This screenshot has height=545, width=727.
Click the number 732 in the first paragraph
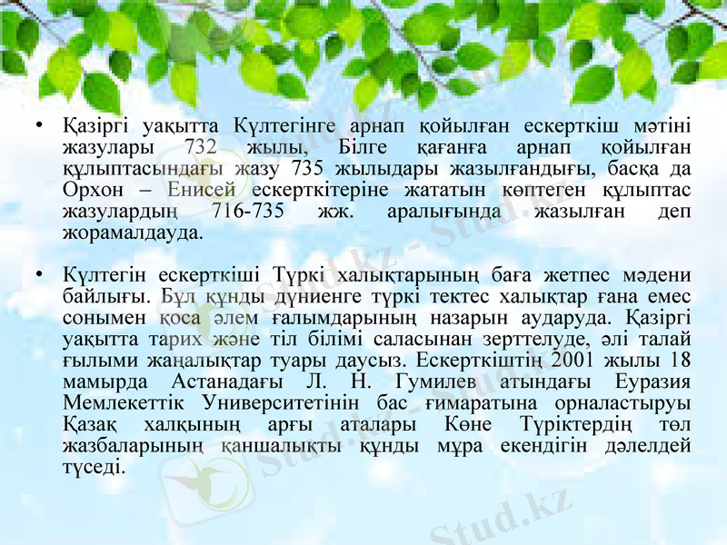pyautogui.click(x=199, y=146)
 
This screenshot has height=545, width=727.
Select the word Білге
pyautogui.click(x=363, y=146)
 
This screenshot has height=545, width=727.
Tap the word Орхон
pyautogui.click(x=90, y=190)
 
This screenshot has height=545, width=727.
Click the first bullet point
pyautogui.click(x=37, y=124)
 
